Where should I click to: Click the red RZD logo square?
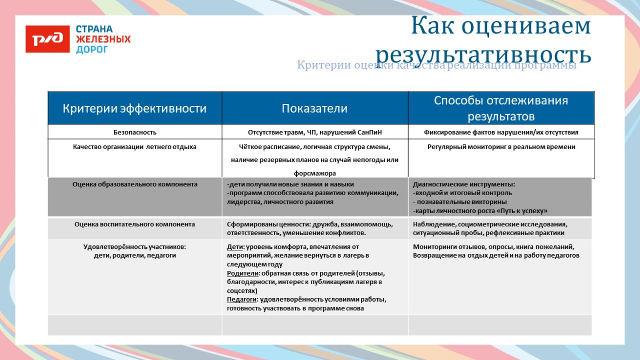[48, 39]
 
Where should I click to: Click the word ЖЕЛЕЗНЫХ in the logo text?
[103, 39]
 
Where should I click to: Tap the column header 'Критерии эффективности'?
[135, 109]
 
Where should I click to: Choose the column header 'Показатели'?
[314, 109]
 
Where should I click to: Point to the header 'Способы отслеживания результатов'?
[501, 109]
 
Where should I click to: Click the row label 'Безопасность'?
[135, 132]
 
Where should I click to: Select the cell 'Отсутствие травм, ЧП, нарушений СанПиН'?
[314, 132]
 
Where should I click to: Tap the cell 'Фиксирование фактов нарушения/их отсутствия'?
[501, 132]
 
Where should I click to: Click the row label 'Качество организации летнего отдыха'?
[135, 147]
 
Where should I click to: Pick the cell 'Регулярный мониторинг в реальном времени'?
[501, 147]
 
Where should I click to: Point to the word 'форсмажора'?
[314, 174]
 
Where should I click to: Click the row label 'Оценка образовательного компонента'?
[135, 184]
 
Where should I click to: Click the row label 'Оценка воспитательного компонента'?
[135, 224]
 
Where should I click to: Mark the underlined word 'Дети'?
[235, 247]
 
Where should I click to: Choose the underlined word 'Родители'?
[243, 273]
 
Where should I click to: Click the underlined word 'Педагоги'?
[243, 300]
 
